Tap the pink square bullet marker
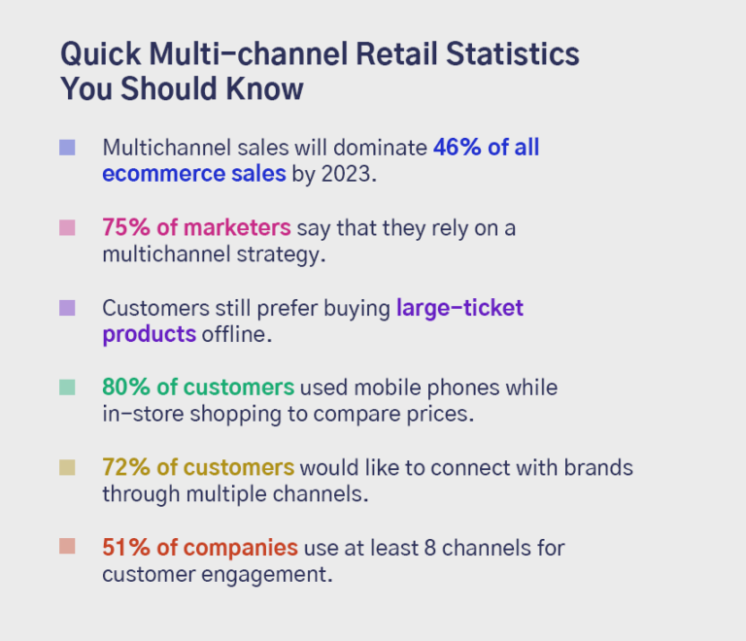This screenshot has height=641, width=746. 67,228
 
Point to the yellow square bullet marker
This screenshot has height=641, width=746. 67,468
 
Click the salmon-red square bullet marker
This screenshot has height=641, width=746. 67,548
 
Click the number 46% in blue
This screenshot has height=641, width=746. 457,148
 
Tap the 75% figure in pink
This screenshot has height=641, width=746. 124,228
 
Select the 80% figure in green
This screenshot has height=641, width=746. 125,388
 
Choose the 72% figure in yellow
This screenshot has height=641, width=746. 124,467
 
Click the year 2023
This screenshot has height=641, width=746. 347,174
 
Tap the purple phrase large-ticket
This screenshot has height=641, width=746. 459,308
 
